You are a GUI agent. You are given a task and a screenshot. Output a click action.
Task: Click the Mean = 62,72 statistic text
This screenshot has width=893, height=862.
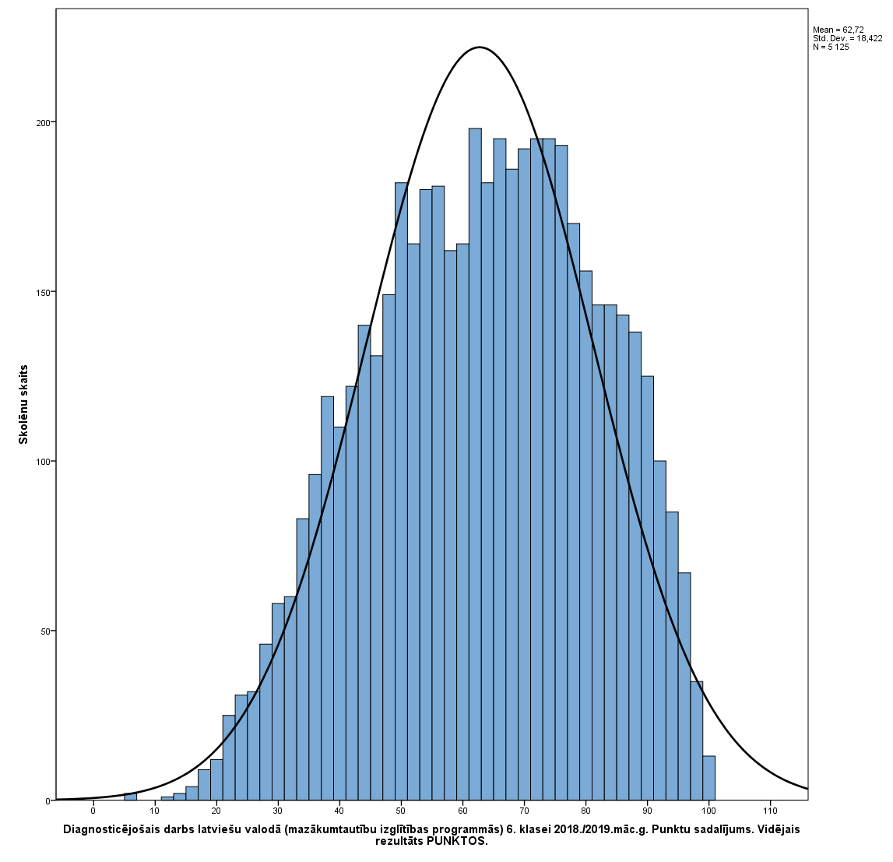[x=838, y=30]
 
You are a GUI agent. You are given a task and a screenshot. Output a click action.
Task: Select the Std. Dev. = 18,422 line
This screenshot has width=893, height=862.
[x=847, y=38]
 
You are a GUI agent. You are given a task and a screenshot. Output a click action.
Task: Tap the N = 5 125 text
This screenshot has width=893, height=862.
[x=831, y=47]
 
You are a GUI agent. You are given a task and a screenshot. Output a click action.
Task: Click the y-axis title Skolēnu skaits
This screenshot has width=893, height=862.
[x=23, y=404]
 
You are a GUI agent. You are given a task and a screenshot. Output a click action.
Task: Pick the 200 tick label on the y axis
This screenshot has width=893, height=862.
[x=43, y=123]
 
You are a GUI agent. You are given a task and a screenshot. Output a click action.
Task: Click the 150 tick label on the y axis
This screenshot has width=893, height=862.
[x=43, y=292]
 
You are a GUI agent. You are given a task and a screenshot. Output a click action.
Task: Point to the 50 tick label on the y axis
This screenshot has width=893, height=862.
[x=45, y=631]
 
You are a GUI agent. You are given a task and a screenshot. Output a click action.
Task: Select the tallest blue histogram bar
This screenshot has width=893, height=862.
[x=475, y=467]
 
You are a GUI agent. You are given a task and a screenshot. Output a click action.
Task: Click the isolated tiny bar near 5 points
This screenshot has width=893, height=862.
[x=130, y=797]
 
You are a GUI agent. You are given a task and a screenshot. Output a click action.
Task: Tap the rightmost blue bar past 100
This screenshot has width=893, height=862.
[x=708, y=778]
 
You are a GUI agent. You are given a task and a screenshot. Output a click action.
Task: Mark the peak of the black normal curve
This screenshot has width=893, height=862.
[x=480, y=47]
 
